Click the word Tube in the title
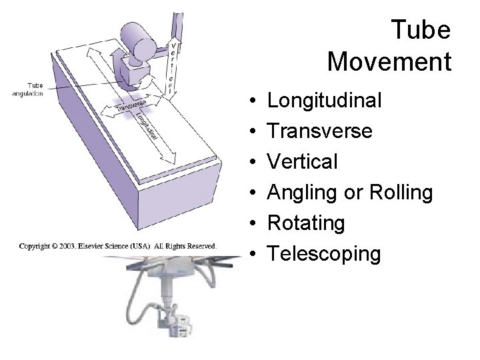point(421,30)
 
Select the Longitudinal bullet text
point(324,101)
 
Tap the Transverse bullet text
point(319,131)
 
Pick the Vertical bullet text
point(302,162)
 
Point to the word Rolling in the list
point(399,193)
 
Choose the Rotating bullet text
point(306,223)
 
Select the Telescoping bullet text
point(324,254)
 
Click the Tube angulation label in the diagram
point(27,89)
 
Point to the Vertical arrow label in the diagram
point(173,67)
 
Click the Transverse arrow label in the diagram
point(131,105)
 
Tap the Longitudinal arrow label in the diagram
point(148,126)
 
